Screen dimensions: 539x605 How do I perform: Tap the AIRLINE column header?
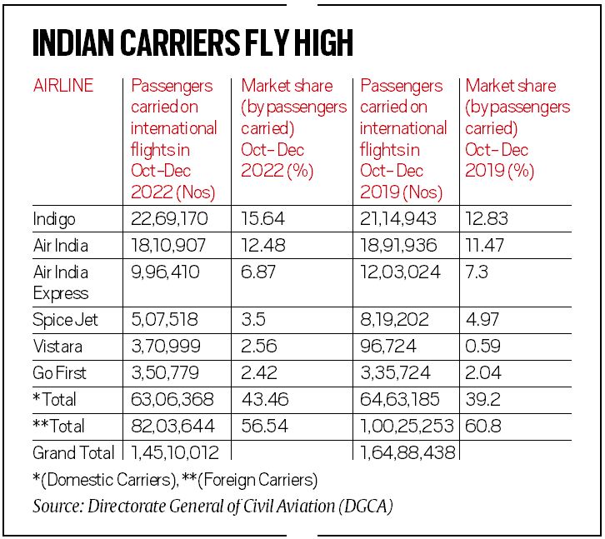click(62, 86)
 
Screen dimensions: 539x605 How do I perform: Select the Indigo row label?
click(54, 220)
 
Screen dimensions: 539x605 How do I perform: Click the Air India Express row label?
click(61, 282)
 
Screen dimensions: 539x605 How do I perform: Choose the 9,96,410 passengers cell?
click(165, 272)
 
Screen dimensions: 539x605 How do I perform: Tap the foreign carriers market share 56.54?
click(262, 427)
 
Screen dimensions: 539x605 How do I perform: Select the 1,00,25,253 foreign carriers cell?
click(405, 427)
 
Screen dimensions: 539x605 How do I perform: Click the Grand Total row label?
click(73, 453)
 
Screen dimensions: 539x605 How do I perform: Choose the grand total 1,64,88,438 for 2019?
click(406, 453)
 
